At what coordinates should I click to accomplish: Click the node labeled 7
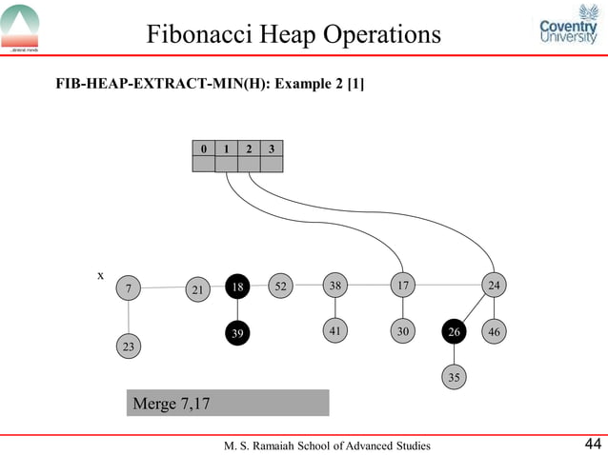128,287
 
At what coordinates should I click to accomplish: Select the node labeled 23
128,347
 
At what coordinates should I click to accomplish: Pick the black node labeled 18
238,287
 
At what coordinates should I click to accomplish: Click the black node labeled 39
238,333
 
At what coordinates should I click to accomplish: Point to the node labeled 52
280,286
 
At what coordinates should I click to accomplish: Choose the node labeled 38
335,286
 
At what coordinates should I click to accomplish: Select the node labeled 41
335,331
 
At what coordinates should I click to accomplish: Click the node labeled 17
404,286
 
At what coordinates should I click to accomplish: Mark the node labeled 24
494,286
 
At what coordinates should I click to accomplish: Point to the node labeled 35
455,378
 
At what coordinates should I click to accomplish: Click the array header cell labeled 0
203,148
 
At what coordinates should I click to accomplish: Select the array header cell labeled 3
272,148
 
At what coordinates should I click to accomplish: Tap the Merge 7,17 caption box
228,403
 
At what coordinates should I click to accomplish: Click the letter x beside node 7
100,275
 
